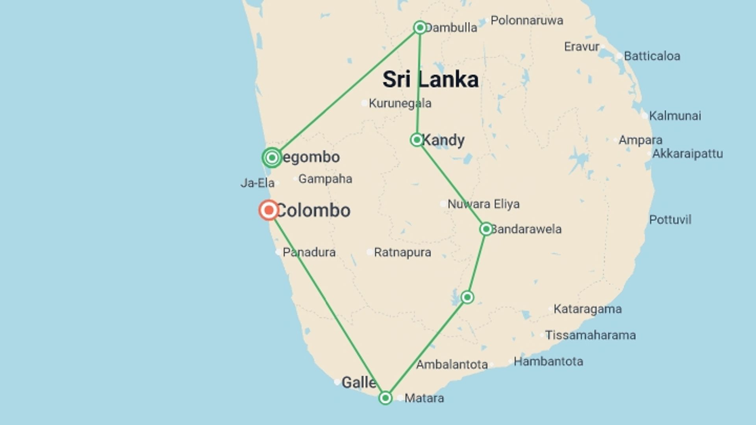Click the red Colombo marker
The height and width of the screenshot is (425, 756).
click(x=269, y=210)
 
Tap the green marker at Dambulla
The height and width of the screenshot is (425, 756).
click(x=420, y=28)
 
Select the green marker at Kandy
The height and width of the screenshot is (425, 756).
click(x=417, y=140)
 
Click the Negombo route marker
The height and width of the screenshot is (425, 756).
click(x=272, y=158)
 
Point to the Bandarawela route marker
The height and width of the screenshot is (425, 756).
click(x=486, y=229)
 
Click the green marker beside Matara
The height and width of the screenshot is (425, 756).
click(x=385, y=398)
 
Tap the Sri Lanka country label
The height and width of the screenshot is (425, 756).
click(x=430, y=79)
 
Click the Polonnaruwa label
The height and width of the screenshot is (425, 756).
click(x=526, y=20)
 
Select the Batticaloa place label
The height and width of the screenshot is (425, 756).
click(x=652, y=56)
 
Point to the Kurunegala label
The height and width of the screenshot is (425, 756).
click(x=400, y=103)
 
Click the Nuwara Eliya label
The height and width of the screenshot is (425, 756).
click(x=483, y=204)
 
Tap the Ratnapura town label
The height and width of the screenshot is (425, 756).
click(x=402, y=252)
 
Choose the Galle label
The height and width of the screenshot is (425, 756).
click(x=358, y=382)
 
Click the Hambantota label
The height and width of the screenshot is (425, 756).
click(x=548, y=361)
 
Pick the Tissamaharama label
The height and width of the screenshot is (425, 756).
click(x=590, y=335)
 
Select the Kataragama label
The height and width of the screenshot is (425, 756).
click(x=587, y=309)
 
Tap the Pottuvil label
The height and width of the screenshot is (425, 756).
click(x=670, y=220)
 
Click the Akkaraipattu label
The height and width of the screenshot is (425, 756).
click(x=687, y=153)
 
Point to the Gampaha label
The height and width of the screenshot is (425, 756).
click(x=325, y=179)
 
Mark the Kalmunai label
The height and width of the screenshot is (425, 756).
click(x=675, y=116)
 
